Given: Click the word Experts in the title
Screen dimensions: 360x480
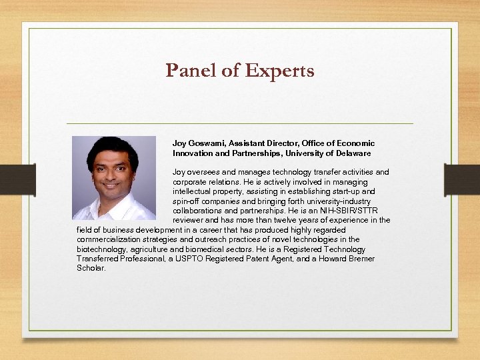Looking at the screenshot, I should pos(281,71).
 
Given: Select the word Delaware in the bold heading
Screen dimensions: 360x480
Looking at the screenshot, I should pos(353,153).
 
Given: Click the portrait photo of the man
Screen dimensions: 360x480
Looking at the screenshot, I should pos(113,178).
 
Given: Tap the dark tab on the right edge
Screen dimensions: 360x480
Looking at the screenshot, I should pos(462,179).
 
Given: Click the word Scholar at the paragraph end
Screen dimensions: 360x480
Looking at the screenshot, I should pos(91,268).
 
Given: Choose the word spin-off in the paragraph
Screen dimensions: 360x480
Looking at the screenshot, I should pos(186,201).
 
